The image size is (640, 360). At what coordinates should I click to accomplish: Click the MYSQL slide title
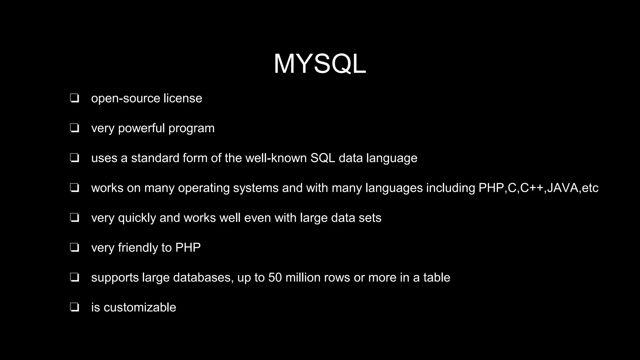click(320, 64)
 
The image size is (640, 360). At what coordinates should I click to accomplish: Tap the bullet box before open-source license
click(74, 98)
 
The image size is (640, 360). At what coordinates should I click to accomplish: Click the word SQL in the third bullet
click(322, 158)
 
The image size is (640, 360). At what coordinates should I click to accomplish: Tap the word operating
click(204, 188)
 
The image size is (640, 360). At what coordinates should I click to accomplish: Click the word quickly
click(137, 218)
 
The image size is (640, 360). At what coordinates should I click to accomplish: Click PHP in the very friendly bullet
click(188, 248)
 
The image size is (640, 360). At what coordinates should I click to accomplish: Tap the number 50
click(275, 278)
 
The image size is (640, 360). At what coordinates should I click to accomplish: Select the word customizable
click(140, 307)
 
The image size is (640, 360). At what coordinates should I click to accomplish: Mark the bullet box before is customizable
click(74, 307)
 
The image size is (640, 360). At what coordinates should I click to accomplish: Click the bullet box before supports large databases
click(74, 277)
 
